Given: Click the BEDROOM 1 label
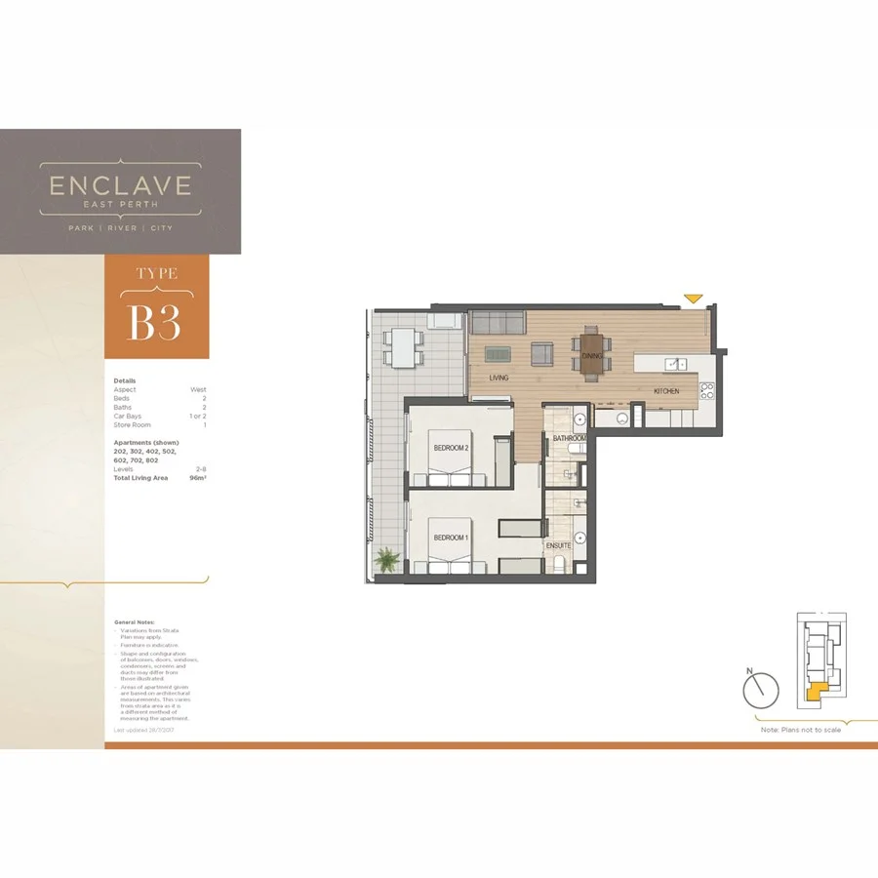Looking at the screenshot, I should click(x=452, y=538).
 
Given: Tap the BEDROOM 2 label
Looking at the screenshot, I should click(x=452, y=448).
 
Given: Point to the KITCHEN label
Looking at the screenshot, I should click(x=666, y=390).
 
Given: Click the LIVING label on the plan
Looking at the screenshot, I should click(x=499, y=377).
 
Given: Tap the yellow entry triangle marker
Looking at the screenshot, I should click(x=694, y=298).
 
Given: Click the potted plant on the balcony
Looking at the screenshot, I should click(x=387, y=560).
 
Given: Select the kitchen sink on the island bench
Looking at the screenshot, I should click(x=674, y=364).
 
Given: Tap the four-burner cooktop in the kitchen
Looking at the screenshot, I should click(x=707, y=391).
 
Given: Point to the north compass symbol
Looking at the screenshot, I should click(x=761, y=691).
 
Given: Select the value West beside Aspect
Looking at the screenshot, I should click(x=198, y=389).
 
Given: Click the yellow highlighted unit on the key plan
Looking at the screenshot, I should click(x=816, y=693).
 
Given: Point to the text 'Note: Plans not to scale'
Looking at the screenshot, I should click(x=800, y=730).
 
